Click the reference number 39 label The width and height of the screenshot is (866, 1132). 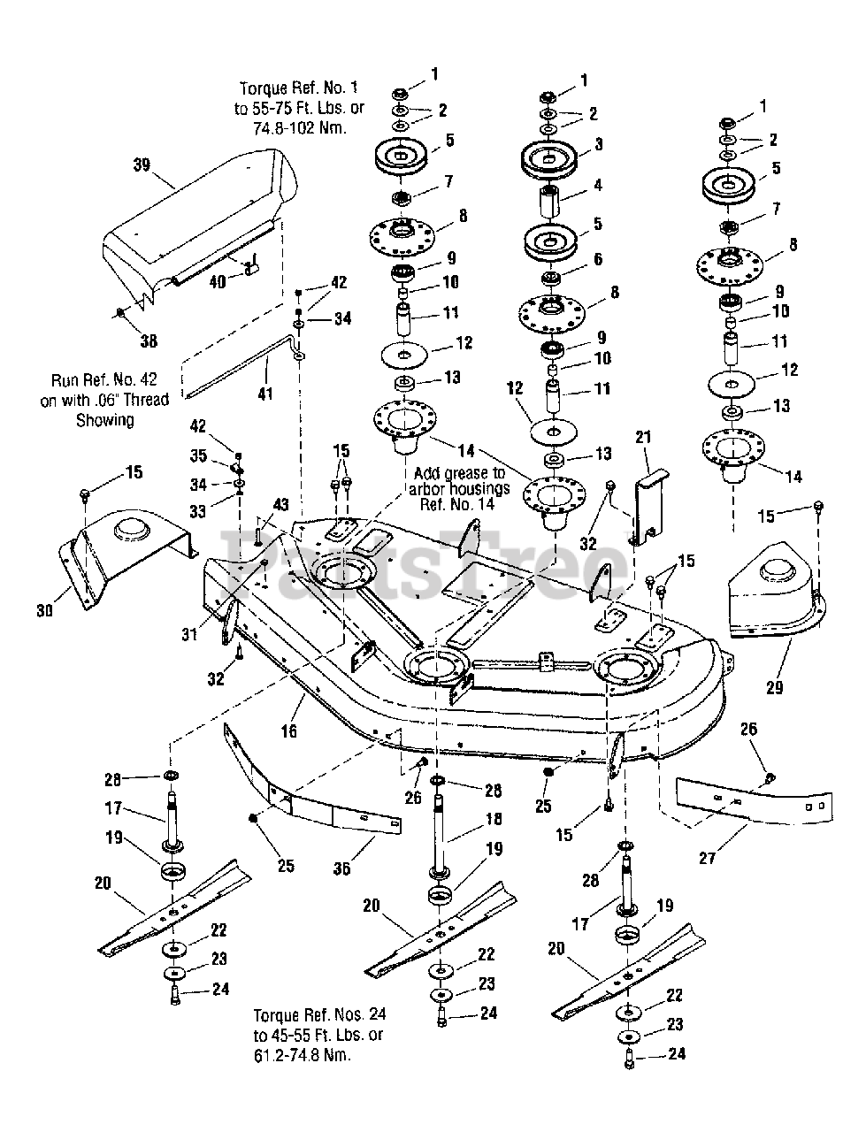142,165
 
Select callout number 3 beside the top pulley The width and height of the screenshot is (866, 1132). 598,144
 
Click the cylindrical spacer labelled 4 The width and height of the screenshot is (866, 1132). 550,202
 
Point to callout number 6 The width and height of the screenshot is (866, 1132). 598,259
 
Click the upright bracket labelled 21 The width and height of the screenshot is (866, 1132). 651,507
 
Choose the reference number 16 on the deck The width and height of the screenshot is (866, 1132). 289,730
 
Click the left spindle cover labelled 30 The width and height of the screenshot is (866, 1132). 126,557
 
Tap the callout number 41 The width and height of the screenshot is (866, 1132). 265,394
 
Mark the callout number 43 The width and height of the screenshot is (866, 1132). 280,504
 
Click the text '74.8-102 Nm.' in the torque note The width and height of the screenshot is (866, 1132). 300,128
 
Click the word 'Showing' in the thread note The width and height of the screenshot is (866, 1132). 105,420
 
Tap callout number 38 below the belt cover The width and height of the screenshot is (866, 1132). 149,340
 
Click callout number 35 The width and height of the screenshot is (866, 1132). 198,455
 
